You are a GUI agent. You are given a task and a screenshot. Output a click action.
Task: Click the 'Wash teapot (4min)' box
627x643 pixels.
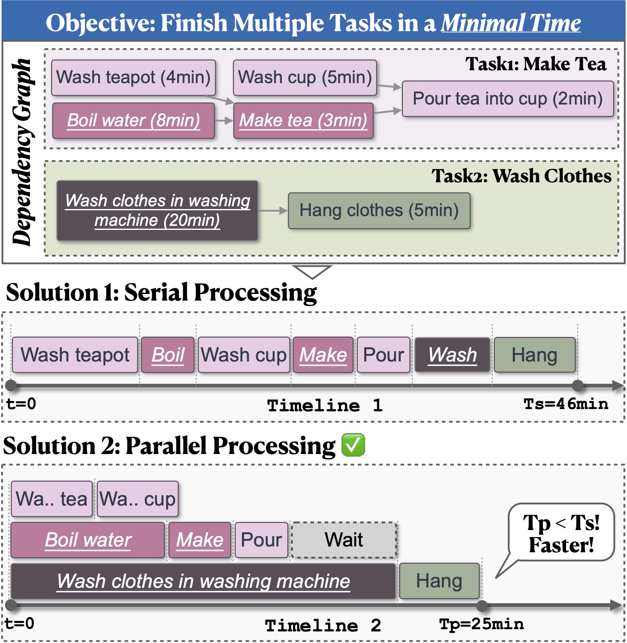click(133, 77)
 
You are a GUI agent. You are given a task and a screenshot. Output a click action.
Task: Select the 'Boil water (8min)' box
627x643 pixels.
click(133, 121)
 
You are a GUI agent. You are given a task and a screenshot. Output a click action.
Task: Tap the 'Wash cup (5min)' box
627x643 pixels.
click(305, 77)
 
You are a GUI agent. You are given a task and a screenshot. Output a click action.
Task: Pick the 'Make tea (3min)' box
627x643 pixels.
click(303, 121)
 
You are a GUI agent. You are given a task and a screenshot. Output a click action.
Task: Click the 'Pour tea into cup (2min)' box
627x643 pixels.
click(507, 99)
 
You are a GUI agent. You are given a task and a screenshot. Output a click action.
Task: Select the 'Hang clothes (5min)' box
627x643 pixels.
click(379, 210)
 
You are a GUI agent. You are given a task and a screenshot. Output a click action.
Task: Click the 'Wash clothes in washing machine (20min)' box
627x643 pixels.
click(157, 210)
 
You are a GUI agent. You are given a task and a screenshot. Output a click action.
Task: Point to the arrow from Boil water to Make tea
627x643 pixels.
click(224, 120)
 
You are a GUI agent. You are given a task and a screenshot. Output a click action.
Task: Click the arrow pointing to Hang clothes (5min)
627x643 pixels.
click(273, 210)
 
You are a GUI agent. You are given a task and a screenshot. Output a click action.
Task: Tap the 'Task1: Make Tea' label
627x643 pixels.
click(536, 64)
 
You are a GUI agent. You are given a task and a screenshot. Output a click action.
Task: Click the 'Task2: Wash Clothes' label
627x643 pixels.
click(521, 176)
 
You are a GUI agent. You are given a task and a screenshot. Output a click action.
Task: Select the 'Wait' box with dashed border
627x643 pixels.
click(344, 540)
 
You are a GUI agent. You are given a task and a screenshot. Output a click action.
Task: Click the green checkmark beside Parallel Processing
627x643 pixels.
click(353, 445)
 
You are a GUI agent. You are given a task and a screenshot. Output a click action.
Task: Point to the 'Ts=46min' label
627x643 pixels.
click(566, 404)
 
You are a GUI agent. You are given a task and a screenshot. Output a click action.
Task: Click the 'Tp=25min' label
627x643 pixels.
click(481, 624)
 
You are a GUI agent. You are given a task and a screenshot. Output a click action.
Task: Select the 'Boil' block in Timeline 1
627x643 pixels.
click(168, 355)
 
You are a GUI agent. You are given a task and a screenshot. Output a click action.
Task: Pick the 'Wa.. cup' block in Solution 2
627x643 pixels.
click(137, 499)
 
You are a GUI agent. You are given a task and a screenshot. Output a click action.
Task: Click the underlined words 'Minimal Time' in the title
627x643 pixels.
click(510, 23)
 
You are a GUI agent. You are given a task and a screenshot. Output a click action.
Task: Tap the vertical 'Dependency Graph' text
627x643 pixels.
click(22, 152)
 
